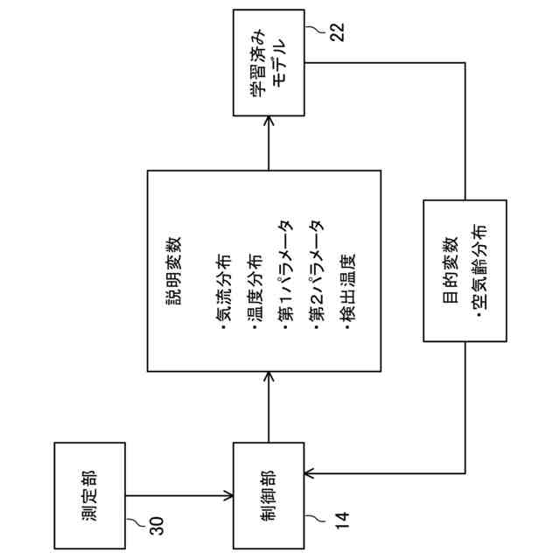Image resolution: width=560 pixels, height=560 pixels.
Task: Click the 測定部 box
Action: pos(89,494)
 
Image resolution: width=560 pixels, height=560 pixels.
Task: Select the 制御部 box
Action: pos(269,494)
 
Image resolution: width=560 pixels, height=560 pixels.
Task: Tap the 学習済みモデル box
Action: pos(269,63)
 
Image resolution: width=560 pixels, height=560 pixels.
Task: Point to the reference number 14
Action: pos(340,523)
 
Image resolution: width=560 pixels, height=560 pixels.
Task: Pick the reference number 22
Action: pos(338,32)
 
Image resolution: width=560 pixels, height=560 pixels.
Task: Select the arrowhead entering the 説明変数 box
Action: pos(269,376)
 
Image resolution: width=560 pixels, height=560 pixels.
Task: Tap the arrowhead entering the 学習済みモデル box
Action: pos(269,122)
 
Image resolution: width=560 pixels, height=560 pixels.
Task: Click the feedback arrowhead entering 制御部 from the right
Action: pos(309,475)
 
